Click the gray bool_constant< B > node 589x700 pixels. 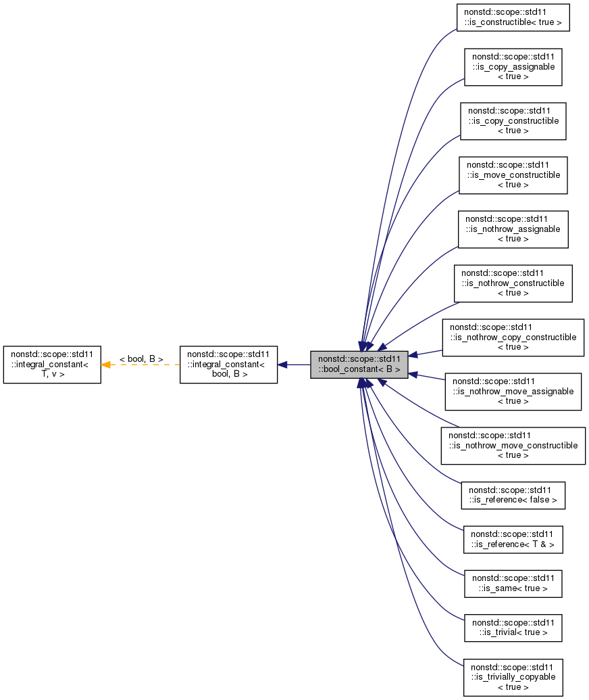(x=359, y=365)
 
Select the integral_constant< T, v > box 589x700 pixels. (x=52, y=365)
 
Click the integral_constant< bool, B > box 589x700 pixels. (x=228, y=365)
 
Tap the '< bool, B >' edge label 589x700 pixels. (x=141, y=358)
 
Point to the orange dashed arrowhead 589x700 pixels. (x=106, y=365)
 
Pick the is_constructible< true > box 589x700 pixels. (x=513, y=18)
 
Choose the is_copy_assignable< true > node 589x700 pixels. (x=513, y=66)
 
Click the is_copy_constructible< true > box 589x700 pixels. (x=513, y=121)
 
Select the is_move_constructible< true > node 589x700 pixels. (x=513, y=175)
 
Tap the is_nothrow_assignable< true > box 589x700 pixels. (x=513, y=229)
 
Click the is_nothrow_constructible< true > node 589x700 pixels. (x=513, y=283)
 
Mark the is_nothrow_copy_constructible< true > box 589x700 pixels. (x=513, y=337)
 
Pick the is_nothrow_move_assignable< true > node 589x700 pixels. (x=513, y=392)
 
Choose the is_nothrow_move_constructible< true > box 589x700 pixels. (x=513, y=446)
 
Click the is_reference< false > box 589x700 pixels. (x=513, y=495)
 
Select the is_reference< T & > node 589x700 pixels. (x=513, y=538)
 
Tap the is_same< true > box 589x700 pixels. (x=513, y=583)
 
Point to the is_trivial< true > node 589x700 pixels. (x=513, y=628)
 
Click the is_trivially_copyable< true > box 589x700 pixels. (x=513, y=677)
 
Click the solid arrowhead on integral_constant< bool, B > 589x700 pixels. (x=283, y=365)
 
